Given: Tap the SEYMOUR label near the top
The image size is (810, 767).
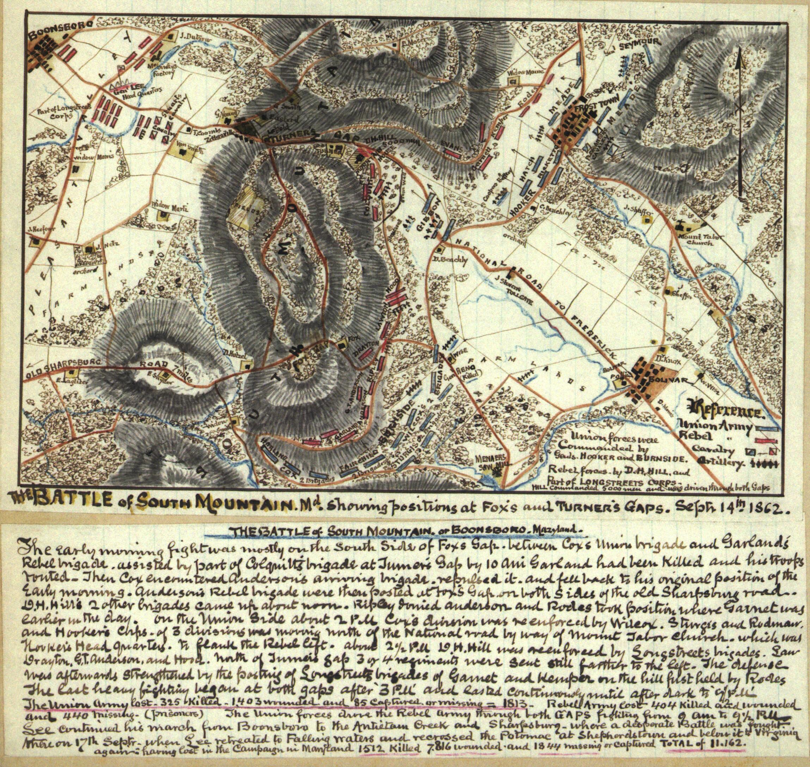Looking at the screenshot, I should click(640, 43).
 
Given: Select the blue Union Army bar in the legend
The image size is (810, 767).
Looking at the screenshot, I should click(765, 428).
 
